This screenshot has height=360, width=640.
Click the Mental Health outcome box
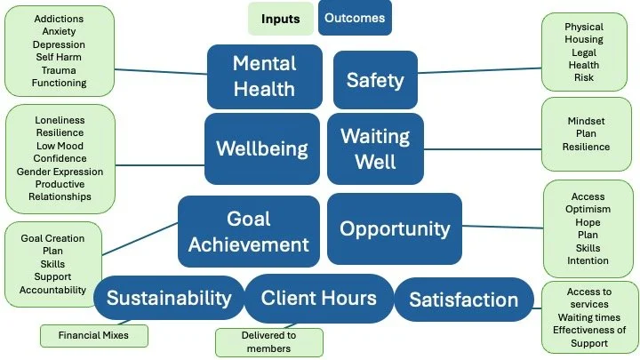[x=264, y=76]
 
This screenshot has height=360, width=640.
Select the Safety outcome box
[x=375, y=80]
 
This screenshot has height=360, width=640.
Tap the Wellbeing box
[x=261, y=148]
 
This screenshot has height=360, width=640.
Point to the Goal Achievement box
[x=248, y=231]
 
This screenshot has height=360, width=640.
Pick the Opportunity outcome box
[x=395, y=228]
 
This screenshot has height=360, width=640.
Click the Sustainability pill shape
[x=169, y=299]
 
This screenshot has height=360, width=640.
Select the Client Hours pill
[x=318, y=299]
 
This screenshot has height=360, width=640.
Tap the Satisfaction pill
[x=463, y=300]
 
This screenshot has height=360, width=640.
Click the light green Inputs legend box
[x=280, y=19]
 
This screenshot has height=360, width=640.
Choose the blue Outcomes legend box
[x=354, y=18]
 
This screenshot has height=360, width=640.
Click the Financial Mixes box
[x=92, y=337]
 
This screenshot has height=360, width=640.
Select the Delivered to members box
[x=269, y=342]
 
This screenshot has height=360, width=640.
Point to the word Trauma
[x=60, y=70]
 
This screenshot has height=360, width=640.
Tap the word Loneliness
[x=60, y=120]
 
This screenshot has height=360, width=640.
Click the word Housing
[x=583, y=40]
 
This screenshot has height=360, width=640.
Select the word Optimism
[x=588, y=211]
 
